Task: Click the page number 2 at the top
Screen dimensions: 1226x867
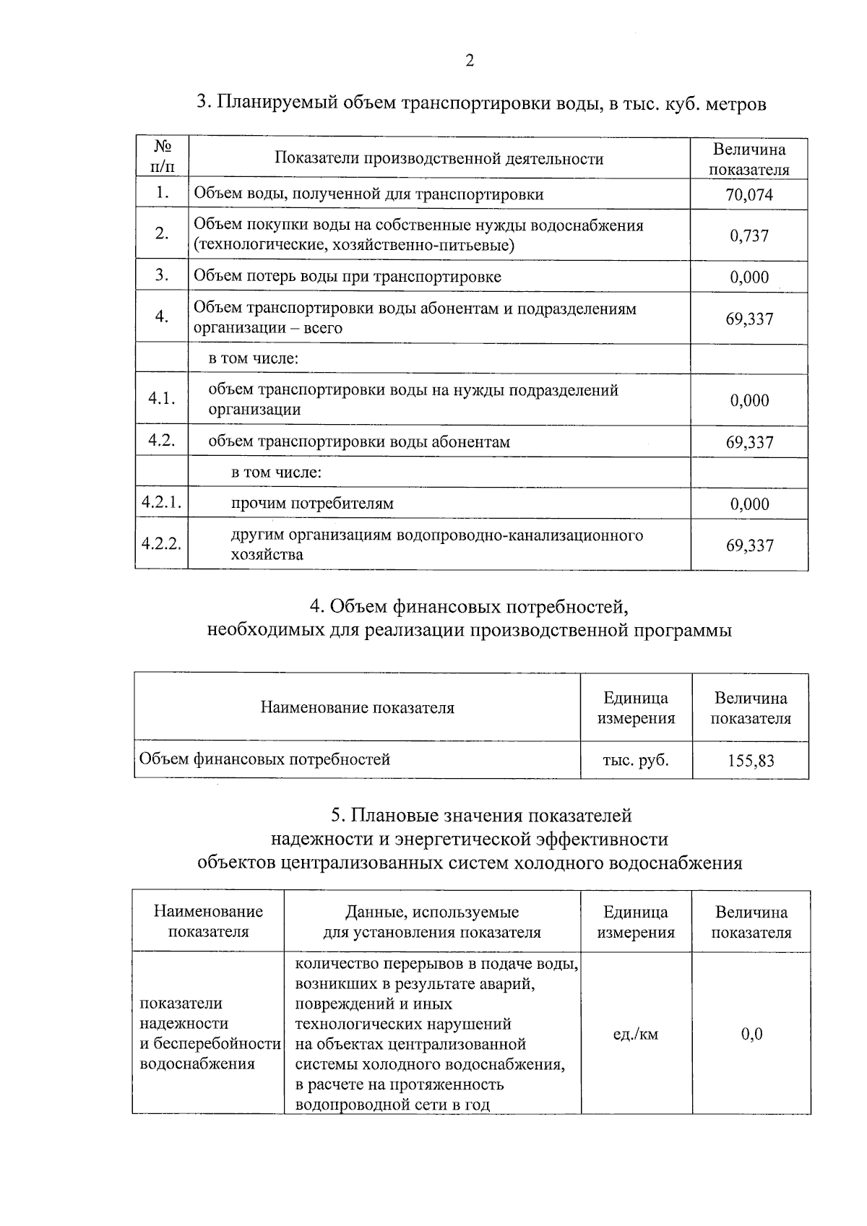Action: pos(470,61)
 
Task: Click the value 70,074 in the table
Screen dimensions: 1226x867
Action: pos(749,195)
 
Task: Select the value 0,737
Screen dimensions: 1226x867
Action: pos(749,236)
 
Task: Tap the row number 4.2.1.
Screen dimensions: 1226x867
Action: pos(161,504)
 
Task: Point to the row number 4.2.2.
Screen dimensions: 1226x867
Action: pos(161,545)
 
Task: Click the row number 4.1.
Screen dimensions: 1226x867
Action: pos(162,399)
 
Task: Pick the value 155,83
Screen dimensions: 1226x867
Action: pos(751,761)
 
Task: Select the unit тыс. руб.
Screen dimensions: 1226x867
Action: pos(636,760)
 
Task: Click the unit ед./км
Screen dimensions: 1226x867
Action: pos(636,1034)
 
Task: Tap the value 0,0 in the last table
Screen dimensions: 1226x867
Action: pos(751,1034)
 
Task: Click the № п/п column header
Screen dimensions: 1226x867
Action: pos(162,157)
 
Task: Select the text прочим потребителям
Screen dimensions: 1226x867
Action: pos(312,504)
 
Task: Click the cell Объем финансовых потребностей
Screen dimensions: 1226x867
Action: pos(264,759)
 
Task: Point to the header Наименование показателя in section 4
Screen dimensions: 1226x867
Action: pos(357,707)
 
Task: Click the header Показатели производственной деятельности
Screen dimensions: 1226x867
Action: pos(439,158)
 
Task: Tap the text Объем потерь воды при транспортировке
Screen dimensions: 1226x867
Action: pos(347,277)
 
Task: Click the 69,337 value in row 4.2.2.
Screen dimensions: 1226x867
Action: pos(749,545)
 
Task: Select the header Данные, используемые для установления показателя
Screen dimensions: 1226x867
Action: pos(432,922)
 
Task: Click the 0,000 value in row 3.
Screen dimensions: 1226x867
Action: pos(749,277)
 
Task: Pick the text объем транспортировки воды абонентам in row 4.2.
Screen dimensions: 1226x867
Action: pos(359,441)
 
